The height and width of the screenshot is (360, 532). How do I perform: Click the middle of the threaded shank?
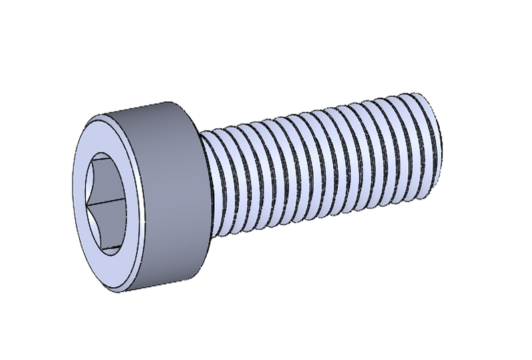(319, 166)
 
